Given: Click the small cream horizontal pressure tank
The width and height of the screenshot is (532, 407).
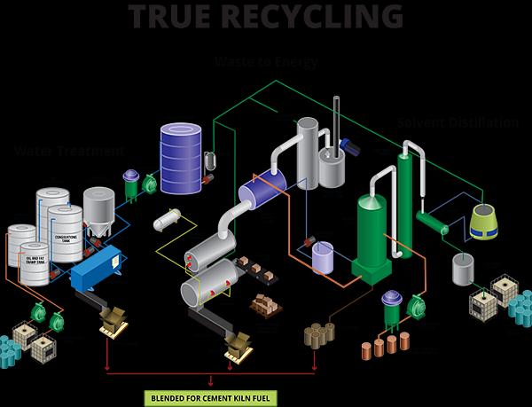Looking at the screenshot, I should coord(168,219).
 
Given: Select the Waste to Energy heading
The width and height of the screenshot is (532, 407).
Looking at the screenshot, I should coord(266,63).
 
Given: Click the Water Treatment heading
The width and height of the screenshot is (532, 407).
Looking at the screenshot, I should coord(59,152).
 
